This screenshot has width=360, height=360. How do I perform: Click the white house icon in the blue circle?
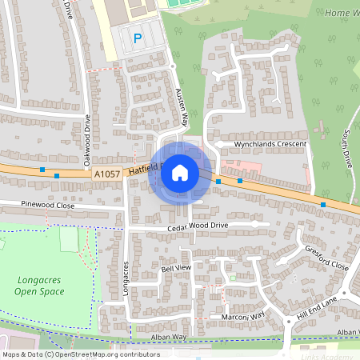click(x=180, y=172)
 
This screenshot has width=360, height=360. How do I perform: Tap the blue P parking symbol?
click(x=137, y=38)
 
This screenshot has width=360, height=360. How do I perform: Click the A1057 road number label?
click(x=106, y=173)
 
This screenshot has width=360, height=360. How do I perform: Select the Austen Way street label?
click(x=181, y=106)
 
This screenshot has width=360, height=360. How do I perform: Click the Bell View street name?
click(x=176, y=267)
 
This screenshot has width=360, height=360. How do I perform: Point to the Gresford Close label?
click(x=326, y=258)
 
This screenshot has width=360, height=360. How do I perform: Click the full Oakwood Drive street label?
click(x=87, y=141)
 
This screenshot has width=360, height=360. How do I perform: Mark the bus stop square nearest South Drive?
click(x=323, y=205)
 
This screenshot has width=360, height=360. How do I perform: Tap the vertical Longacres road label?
click(x=126, y=282)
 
